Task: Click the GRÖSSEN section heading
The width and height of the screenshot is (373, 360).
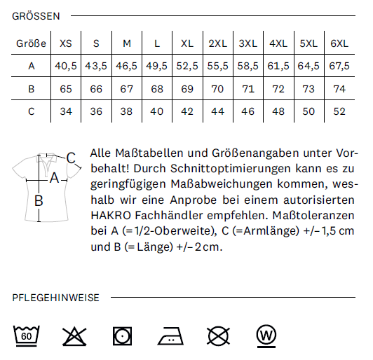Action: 36,16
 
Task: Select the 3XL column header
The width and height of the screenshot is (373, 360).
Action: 248,43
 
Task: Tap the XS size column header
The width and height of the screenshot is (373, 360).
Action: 66,43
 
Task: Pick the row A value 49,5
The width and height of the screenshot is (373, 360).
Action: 157,66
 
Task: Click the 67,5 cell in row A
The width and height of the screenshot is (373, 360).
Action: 339,66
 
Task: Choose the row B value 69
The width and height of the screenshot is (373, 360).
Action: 187,89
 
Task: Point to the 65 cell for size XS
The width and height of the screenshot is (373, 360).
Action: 66,89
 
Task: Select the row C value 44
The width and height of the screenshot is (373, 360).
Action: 217,111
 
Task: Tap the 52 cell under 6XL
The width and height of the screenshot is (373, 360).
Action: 339,111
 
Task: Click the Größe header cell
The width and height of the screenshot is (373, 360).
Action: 31,43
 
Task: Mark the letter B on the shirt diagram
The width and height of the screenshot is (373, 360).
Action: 39,200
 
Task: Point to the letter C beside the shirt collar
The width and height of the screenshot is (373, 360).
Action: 71,158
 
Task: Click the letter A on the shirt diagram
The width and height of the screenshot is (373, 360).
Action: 55,178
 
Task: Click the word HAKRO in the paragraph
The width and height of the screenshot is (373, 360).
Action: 111,216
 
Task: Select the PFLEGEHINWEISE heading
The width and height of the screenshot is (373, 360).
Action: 55,298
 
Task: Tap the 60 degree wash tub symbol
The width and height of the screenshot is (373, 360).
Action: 26,335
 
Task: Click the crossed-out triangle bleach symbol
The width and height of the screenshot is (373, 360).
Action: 74,336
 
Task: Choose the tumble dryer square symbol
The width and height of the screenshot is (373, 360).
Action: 122,336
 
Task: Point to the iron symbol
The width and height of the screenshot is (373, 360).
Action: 170,336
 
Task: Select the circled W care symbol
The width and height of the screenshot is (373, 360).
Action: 266,336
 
